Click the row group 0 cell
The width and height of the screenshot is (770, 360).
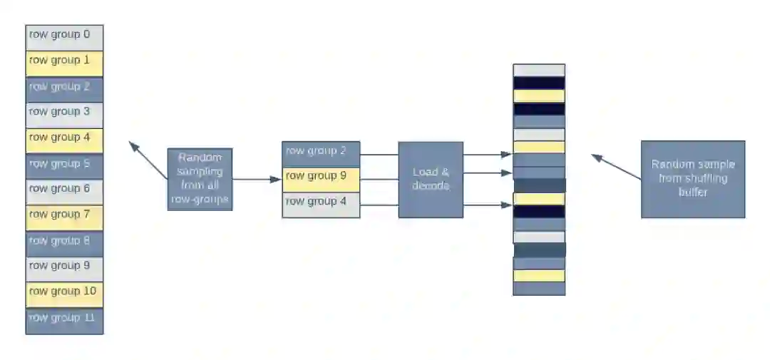pos(65,38)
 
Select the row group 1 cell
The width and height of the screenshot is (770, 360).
pos(65,63)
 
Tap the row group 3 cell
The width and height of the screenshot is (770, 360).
pos(65,115)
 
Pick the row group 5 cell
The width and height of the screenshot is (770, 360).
pos(65,166)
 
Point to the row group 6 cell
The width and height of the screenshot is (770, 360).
pos(65,192)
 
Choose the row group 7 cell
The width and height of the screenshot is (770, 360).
pos(65,217)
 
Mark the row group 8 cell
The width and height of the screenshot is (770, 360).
pos(65,243)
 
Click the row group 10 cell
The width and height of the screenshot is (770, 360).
pos(65,294)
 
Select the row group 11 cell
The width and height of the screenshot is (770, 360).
pos(65,321)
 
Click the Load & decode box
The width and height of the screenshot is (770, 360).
pos(431,180)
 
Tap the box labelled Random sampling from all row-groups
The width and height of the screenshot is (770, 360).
pos(200,179)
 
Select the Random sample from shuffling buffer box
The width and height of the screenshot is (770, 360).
pos(693,179)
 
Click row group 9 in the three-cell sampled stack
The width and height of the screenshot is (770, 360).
pos(321,180)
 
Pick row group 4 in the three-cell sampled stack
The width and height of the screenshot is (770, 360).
pos(321,205)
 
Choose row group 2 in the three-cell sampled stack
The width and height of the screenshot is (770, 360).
pos(321,154)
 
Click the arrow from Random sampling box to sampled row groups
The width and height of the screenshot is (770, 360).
pos(257,180)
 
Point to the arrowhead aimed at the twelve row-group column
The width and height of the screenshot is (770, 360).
pos(132,145)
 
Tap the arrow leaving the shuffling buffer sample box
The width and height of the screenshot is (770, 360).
pos(616,167)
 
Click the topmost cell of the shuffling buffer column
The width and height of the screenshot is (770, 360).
pos(539,70)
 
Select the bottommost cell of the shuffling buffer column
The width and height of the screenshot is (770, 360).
pos(539,289)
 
